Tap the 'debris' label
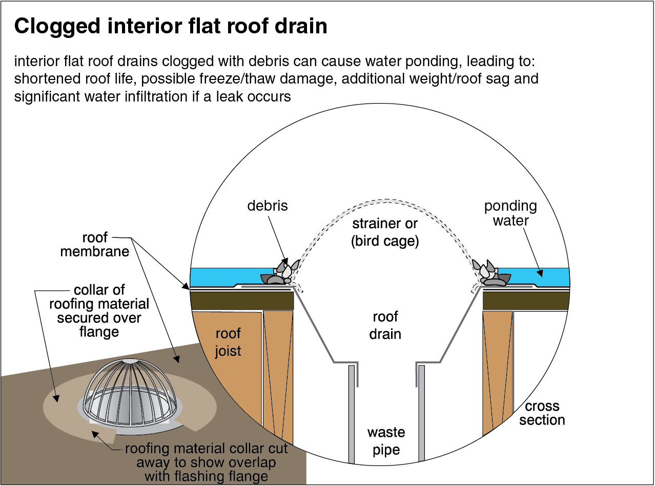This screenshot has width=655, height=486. pos(268,206)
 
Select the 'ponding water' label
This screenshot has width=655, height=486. pos(510,213)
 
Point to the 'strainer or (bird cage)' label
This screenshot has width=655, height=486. pos(385,233)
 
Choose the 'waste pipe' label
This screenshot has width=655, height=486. pos(386,441)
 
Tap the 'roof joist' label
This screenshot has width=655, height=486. pos(228,342)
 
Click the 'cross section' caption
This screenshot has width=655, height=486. pos(542,413)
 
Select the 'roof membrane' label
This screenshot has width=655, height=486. pos(95,245)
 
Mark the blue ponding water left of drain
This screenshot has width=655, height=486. pos(231,277)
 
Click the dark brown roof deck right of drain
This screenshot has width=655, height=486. pos(526,300)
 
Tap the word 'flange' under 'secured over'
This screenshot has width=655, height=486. pos(99,332)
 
